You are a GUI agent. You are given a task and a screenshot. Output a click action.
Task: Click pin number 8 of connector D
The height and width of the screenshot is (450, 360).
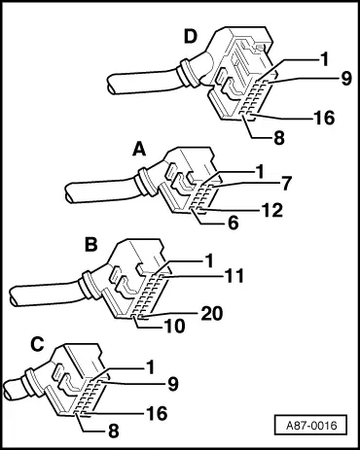(279, 138)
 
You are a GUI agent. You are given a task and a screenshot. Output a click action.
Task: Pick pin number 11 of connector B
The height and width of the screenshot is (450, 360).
(234, 277)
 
